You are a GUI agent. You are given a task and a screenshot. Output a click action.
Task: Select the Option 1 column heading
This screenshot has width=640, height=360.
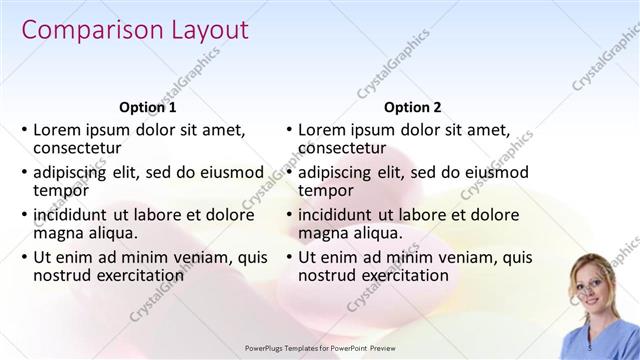point(148,107)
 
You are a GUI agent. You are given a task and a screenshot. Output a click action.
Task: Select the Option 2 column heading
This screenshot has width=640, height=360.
point(412,107)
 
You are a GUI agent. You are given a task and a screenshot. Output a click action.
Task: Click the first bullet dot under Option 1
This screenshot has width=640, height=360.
point(24,130)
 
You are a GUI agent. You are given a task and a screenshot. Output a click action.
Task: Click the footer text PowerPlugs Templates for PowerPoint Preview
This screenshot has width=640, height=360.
point(320,348)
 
